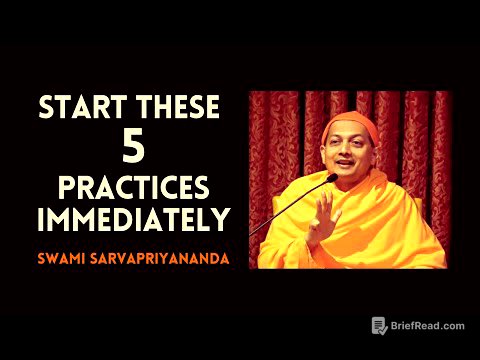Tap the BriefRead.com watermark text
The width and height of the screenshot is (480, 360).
(x=428, y=326)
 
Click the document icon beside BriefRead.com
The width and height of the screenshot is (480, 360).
(x=379, y=326)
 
